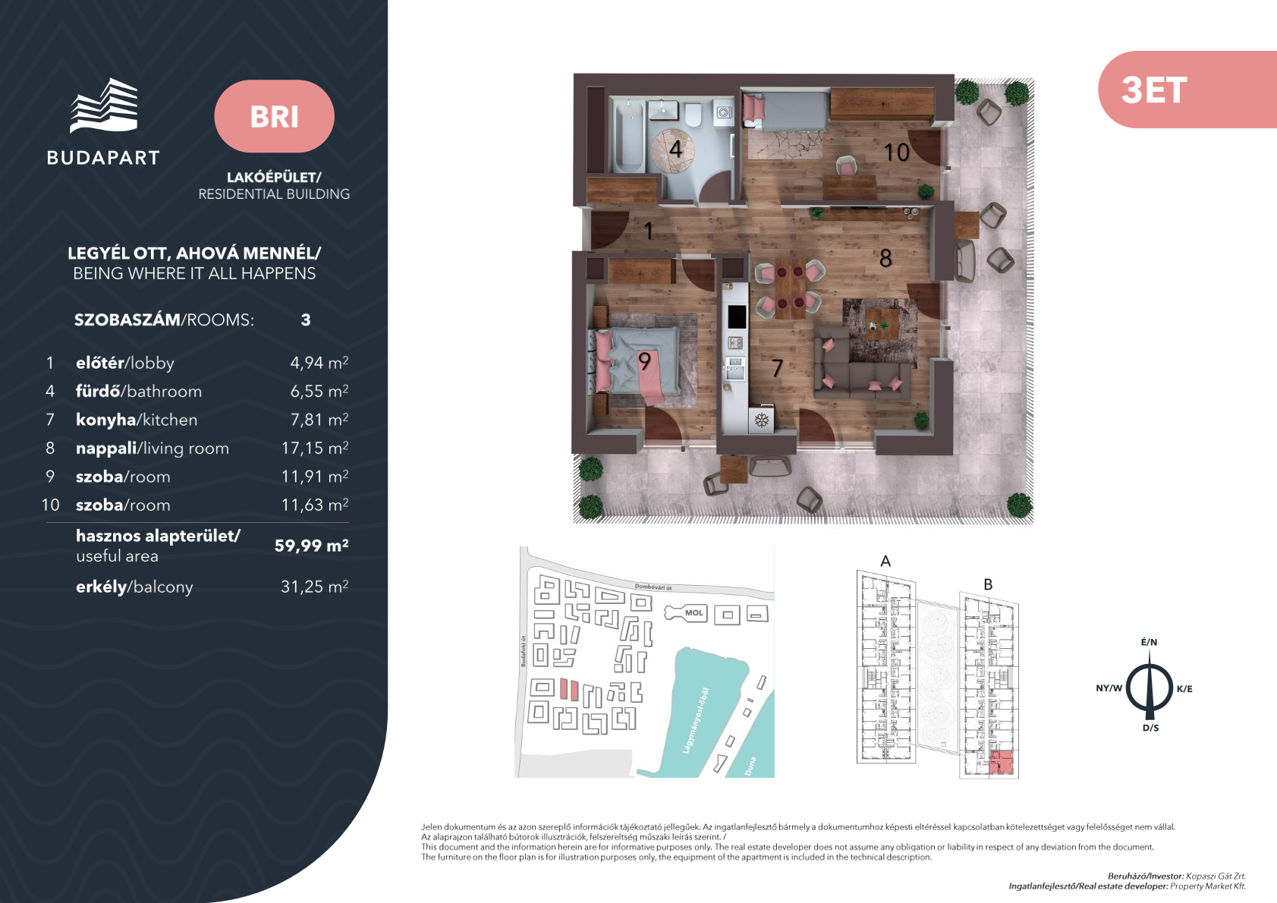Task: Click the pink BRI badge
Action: [274, 116]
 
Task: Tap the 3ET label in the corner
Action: [1154, 90]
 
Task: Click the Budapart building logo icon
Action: [104, 105]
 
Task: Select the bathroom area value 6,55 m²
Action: [319, 391]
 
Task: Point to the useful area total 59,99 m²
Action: [311, 546]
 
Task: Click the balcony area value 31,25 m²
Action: [315, 587]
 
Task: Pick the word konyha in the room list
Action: [105, 420]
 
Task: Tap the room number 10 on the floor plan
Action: [896, 153]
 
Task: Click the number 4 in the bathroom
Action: [675, 149]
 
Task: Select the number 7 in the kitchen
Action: [777, 368]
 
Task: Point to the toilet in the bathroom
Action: [694, 115]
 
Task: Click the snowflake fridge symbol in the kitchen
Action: [762, 421]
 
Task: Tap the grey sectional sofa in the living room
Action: [861, 376]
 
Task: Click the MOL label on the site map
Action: [694, 613]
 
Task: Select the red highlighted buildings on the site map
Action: [569, 689]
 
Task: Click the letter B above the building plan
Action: [988, 584]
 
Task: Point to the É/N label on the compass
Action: [1149, 642]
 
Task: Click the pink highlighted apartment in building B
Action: [1001, 762]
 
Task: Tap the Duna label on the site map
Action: [750, 766]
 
